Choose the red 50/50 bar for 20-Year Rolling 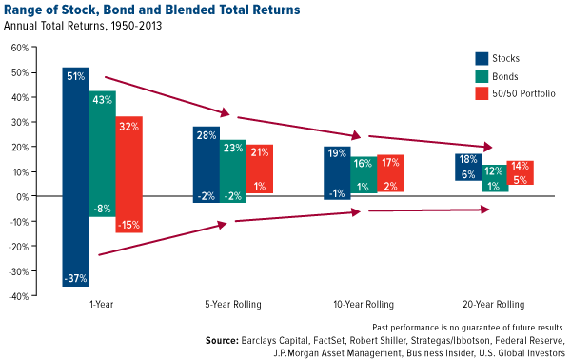[x=520, y=172]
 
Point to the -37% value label [x=76, y=278]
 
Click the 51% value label [x=76, y=75]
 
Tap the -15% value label [x=129, y=225]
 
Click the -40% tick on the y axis [x=18, y=295]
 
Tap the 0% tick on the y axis [x=22, y=196]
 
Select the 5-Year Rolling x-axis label [x=233, y=306]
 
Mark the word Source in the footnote [x=222, y=339]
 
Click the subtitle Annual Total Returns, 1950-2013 [x=85, y=26]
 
